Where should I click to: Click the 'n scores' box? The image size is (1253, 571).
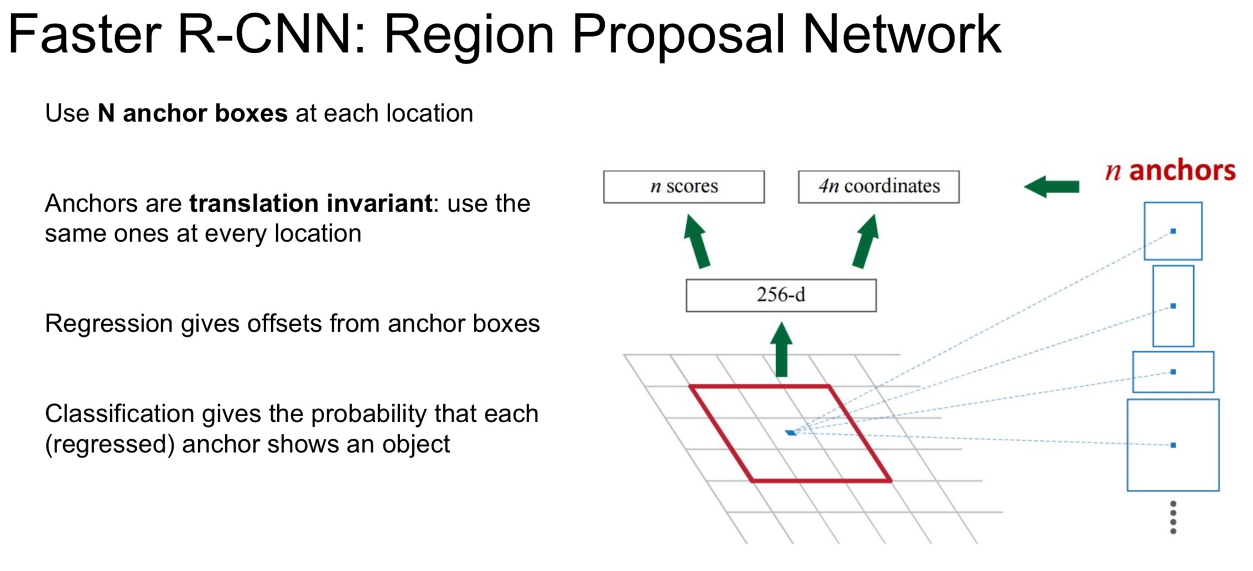click(684, 187)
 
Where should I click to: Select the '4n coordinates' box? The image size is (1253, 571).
click(878, 187)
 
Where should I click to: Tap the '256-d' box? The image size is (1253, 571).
click(780, 295)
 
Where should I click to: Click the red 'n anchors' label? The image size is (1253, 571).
click(1170, 170)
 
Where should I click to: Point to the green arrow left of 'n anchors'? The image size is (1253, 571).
click(1052, 186)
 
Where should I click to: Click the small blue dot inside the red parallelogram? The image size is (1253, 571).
click(791, 433)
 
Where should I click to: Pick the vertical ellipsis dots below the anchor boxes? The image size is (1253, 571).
click(1173, 517)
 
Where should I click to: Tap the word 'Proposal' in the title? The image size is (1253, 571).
click(678, 37)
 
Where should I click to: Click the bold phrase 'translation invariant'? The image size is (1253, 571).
click(310, 204)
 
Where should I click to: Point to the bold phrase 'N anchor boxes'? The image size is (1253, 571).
click(193, 113)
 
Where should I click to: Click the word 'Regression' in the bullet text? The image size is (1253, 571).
click(108, 324)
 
